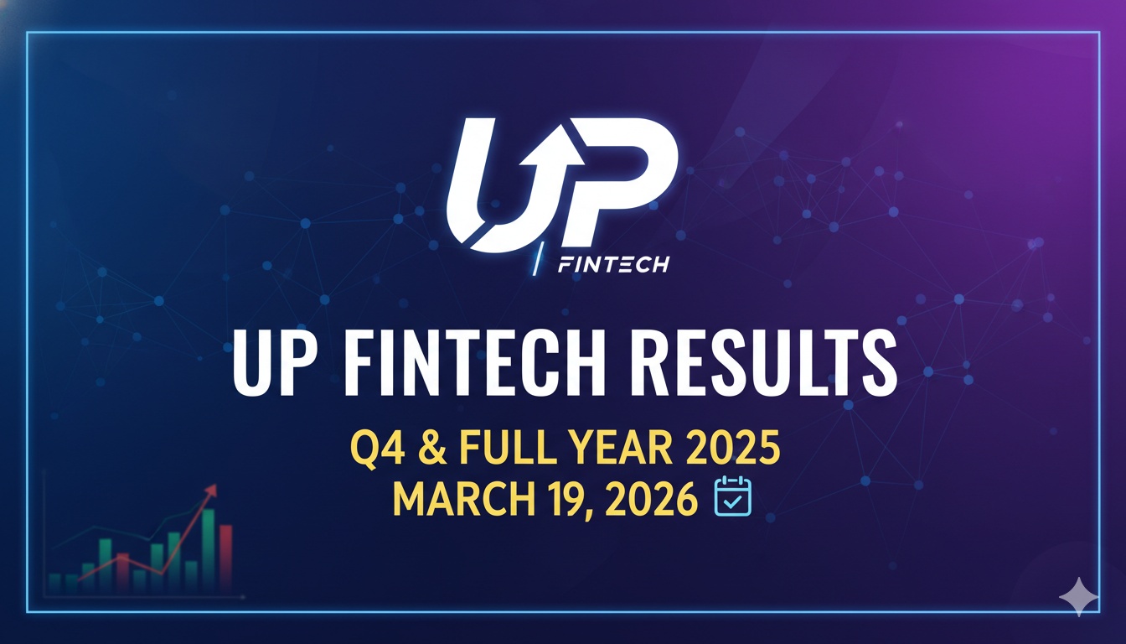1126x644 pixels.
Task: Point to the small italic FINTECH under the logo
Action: pos(613,265)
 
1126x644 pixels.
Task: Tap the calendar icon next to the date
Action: pos(731,497)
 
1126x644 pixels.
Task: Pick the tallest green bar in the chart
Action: pos(208,545)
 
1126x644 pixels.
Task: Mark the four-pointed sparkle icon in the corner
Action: pos(1078,597)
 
